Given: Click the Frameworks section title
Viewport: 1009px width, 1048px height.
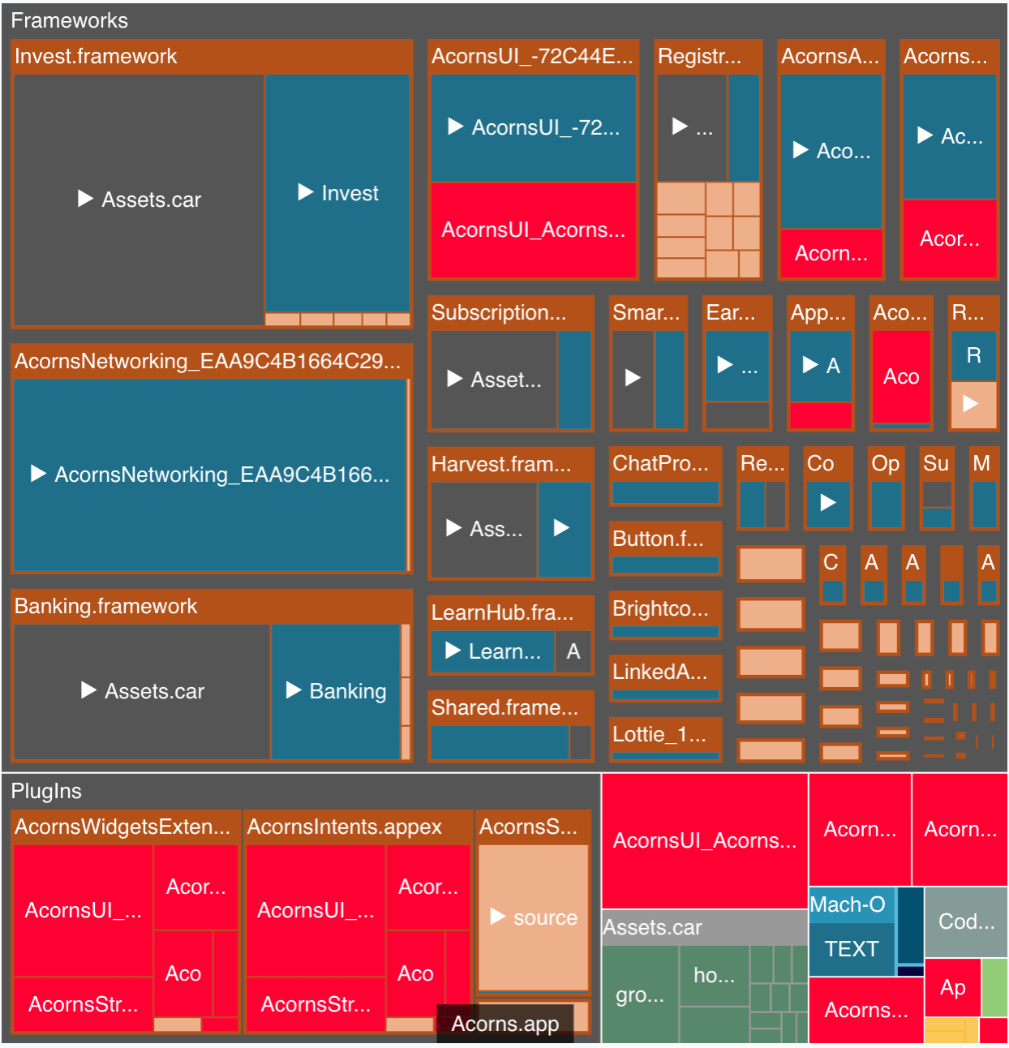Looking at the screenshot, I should (70, 20).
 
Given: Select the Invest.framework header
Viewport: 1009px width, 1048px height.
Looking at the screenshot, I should (96, 56).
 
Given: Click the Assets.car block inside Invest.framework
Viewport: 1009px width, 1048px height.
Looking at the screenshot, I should (140, 200).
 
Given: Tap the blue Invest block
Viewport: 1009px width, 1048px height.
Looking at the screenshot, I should (338, 193).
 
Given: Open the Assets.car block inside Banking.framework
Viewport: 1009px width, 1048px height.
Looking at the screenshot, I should (143, 691).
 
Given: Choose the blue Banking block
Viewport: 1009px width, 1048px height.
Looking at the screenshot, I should (337, 691).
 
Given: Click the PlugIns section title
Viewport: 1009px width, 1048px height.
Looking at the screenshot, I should (46, 791).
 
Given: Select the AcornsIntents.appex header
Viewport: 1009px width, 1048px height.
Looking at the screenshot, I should (344, 827).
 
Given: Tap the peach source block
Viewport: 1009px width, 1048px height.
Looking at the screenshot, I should (534, 917).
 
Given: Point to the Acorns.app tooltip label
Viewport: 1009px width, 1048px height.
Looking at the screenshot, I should (504, 1024).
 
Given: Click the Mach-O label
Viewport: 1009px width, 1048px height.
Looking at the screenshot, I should (848, 904).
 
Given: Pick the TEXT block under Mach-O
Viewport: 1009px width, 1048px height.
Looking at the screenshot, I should (852, 948).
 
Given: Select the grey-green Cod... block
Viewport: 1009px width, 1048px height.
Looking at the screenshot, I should (966, 921).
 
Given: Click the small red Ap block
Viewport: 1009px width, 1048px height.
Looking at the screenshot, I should (952, 987).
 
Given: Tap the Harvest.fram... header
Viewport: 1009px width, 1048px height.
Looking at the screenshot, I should (501, 464).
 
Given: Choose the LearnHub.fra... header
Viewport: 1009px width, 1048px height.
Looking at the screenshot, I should (502, 612).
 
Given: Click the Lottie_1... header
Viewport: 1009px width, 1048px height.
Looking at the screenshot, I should (659, 734).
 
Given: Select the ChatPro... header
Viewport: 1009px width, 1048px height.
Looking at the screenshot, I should (660, 463).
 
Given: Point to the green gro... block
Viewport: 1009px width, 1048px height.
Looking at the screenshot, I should (640, 995).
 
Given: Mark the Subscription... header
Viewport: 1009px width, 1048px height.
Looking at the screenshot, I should (499, 312).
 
